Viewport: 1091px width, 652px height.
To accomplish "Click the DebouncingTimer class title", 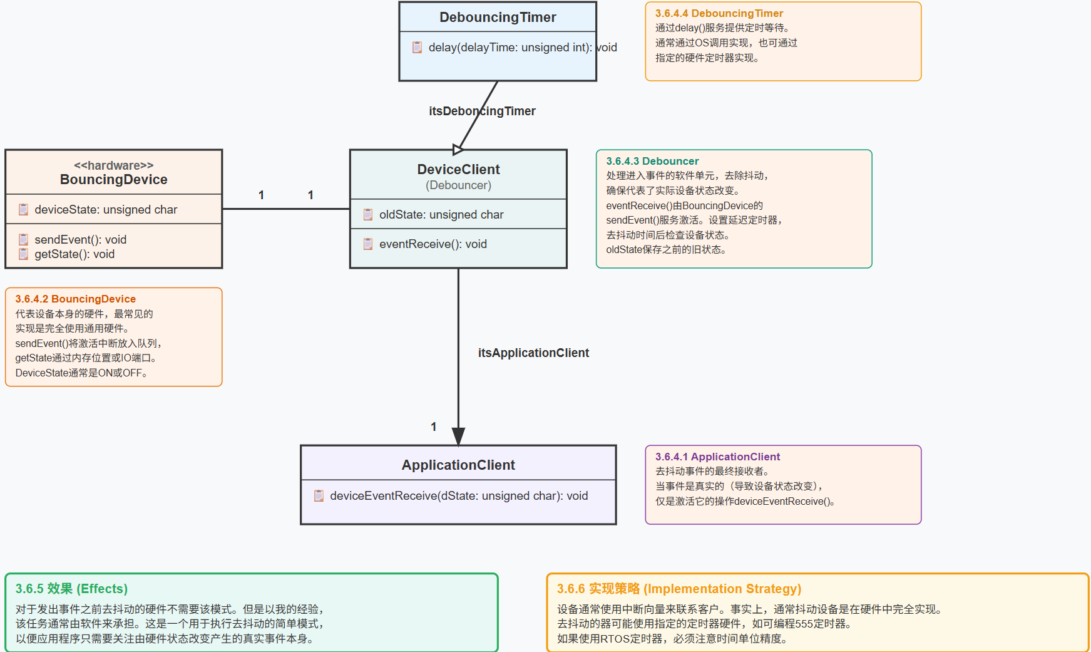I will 498,17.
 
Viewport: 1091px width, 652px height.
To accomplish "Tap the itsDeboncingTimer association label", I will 482,111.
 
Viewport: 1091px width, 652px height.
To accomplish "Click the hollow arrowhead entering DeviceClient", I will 458,149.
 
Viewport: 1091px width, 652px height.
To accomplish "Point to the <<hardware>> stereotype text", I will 113,165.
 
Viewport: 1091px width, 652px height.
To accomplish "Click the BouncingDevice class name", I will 113,180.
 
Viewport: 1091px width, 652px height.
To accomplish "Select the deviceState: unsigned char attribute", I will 106,210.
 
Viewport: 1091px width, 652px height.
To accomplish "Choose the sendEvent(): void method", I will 80,240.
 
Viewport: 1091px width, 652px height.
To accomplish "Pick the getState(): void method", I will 74,254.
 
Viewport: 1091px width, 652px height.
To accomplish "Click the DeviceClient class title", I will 458,169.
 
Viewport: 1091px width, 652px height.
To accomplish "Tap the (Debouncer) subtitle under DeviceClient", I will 458,185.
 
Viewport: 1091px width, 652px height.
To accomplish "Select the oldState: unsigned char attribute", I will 441,215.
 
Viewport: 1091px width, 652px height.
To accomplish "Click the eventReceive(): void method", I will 433,244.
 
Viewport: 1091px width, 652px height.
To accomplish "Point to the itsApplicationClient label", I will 533,353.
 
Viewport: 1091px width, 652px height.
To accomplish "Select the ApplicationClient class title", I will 458,465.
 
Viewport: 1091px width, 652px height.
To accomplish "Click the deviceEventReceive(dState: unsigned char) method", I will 458,496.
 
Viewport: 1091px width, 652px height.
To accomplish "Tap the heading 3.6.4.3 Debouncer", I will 652,161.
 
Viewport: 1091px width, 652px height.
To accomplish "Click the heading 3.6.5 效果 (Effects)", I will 71,589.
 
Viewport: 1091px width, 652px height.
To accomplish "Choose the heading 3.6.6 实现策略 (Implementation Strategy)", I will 679,589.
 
